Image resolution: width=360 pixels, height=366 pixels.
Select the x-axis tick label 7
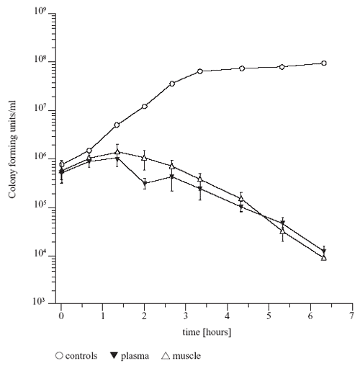[351, 316]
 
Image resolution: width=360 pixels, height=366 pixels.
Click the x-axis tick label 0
[61, 316]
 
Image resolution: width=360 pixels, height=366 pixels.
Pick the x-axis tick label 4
[228, 316]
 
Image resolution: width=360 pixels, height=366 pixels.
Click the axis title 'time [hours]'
[207, 332]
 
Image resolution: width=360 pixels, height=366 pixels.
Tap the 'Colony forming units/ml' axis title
[12, 149]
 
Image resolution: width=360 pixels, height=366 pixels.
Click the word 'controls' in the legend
[81, 356]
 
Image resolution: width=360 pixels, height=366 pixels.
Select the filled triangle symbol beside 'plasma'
[114, 355]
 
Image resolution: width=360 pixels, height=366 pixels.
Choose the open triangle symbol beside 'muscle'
[166, 355]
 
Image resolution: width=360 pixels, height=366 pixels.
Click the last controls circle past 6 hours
[324, 63]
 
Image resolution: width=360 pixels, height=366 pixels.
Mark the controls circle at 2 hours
[145, 107]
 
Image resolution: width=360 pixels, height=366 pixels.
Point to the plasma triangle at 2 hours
[145, 184]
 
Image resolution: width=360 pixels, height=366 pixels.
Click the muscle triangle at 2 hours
[144, 158]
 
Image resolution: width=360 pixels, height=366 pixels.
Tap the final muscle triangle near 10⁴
[324, 258]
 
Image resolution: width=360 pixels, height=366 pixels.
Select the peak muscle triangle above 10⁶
[117, 152]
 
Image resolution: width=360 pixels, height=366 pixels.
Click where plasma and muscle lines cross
[262, 215]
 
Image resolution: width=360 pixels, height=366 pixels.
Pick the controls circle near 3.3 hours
[200, 71]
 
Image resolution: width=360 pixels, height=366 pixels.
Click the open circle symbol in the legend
[59, 356]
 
